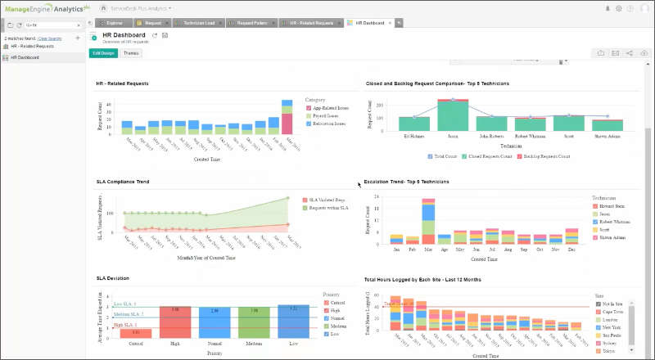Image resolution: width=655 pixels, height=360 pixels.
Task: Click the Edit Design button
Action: [x=103, y=53]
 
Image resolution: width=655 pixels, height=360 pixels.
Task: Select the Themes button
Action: [x=131, y=53]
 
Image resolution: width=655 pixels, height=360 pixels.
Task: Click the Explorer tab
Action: [x=114, y=23]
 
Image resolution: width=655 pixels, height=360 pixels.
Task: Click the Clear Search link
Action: [x=49, y=38]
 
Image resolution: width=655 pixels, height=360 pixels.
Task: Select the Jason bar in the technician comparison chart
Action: [x=452, y=115]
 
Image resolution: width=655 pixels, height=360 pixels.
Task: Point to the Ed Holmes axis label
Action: [x=413, y=136]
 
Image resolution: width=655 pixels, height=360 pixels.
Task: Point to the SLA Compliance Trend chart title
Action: [x=123, y=181]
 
